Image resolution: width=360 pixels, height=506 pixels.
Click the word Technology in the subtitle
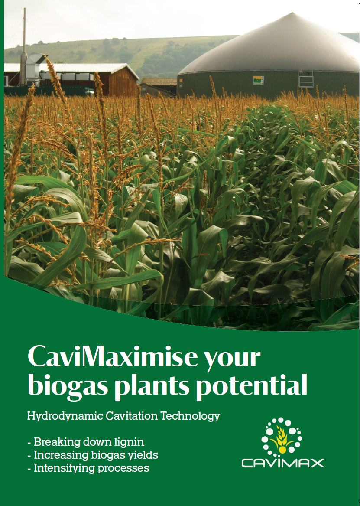[x=190, y=416]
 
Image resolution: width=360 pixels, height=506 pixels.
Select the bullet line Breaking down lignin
[x=85, y=442]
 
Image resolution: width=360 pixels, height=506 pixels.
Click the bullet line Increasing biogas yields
[x=93, y=455]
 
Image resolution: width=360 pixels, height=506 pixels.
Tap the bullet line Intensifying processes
[x=88, y=468]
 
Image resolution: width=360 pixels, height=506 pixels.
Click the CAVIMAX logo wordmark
[x=283, y=464]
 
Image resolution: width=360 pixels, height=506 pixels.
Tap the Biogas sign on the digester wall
[x=259, y=80]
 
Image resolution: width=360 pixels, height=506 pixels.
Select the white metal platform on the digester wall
[x=306, y=79]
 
